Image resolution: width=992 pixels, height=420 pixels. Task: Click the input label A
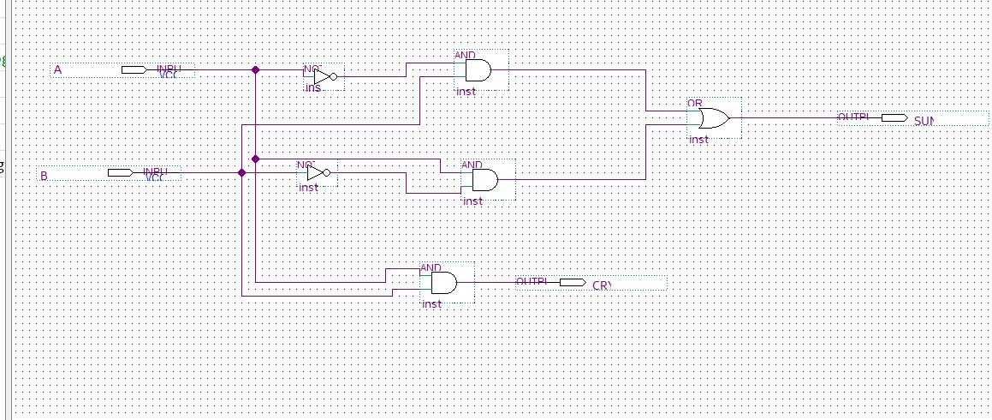click(x=57, y=70)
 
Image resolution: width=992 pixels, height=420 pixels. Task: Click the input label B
click(x=44, y=176)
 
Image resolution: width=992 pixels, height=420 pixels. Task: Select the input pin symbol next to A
click(x=133, y=69)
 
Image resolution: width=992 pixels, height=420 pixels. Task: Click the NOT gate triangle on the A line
click(x=321, y=77)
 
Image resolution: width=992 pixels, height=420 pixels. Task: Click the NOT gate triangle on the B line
click(x=314, y=172)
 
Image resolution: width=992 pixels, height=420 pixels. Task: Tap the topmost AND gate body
click(x=477, y=70)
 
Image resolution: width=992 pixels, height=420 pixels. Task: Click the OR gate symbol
click(x=713, y=117)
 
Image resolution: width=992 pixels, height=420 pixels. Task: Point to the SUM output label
click(x=924, y=121)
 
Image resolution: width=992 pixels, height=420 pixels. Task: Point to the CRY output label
click(x=602, y=285)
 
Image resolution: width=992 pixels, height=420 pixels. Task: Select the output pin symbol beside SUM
click(x=894, y=117)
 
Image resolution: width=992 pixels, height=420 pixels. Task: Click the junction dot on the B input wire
click(x=241, y=172)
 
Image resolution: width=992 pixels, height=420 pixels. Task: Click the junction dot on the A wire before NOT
click(x=255, y=69)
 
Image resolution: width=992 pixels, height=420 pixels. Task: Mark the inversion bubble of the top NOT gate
click(x=334, y=77)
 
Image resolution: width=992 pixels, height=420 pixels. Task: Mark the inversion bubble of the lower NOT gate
click(x=327, y=172)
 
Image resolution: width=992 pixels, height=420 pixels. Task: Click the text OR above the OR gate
click(x=695, y=103)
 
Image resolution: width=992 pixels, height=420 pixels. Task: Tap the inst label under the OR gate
click(x=699, y=139)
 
